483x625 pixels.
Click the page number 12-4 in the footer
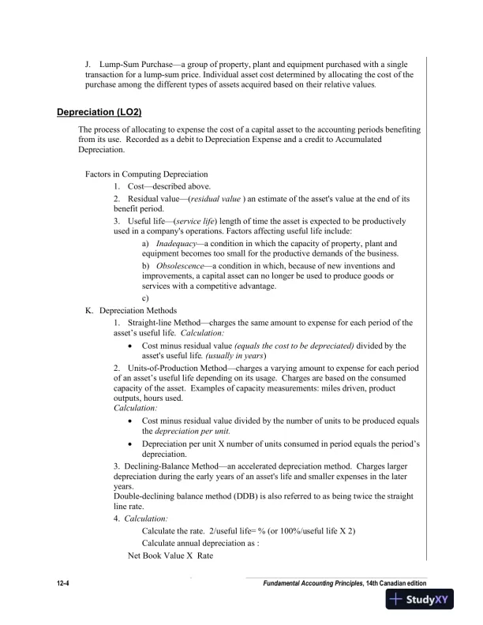pyautogui.click(x=65, y=582)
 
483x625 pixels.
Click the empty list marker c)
pyautogui.click(x=146, y=298)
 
